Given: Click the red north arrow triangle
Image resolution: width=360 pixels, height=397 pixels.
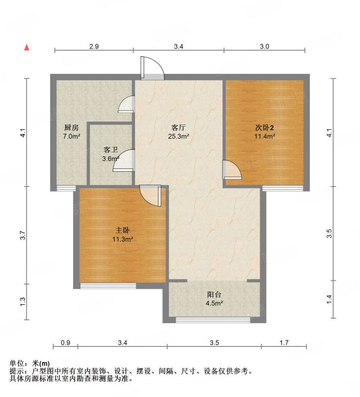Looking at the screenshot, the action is [x=27, y=47].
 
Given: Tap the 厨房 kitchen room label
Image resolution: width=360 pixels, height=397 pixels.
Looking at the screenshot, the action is [x=72, y=128].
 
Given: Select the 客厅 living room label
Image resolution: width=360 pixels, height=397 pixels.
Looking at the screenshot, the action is [x=178, y=127].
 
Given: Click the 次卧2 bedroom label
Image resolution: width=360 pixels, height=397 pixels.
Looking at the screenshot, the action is [x=264, y=128].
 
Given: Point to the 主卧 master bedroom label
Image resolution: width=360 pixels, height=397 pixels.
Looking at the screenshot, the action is [x=123, y=230].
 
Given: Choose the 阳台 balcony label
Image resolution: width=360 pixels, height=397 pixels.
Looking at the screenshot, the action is [x=214, y=294].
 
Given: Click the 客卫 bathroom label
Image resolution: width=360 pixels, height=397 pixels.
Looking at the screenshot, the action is [x=111, y=150].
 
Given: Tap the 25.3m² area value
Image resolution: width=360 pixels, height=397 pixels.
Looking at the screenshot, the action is [x=179, y=136].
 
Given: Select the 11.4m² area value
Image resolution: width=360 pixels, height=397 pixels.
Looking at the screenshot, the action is [x=265, y=136].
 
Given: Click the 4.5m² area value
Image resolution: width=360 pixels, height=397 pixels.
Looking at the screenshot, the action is [x=215, y=303].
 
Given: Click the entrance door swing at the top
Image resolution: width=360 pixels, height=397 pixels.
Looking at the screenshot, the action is [x=152, y=68].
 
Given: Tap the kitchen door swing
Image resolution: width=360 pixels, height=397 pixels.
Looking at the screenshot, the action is [x=127, y=104].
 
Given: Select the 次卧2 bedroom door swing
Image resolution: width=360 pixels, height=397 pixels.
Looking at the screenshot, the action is [x=232, y=170].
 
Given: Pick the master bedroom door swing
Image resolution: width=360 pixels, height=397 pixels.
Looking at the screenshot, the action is [x=150, y=196].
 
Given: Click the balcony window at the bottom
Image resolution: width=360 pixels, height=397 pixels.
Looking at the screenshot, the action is [x=213, y=320].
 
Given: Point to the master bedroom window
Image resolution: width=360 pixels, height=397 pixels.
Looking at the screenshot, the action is [x=108, y=286].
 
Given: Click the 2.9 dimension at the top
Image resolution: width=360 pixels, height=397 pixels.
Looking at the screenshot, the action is [x=94, y=47].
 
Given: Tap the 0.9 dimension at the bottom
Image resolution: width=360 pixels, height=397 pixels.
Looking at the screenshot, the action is [x=66, y=343].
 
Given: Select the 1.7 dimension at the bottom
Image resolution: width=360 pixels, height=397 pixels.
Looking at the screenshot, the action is [x=284, y=343].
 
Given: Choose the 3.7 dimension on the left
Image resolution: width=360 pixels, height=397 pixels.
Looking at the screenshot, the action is [x=23, y=235].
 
